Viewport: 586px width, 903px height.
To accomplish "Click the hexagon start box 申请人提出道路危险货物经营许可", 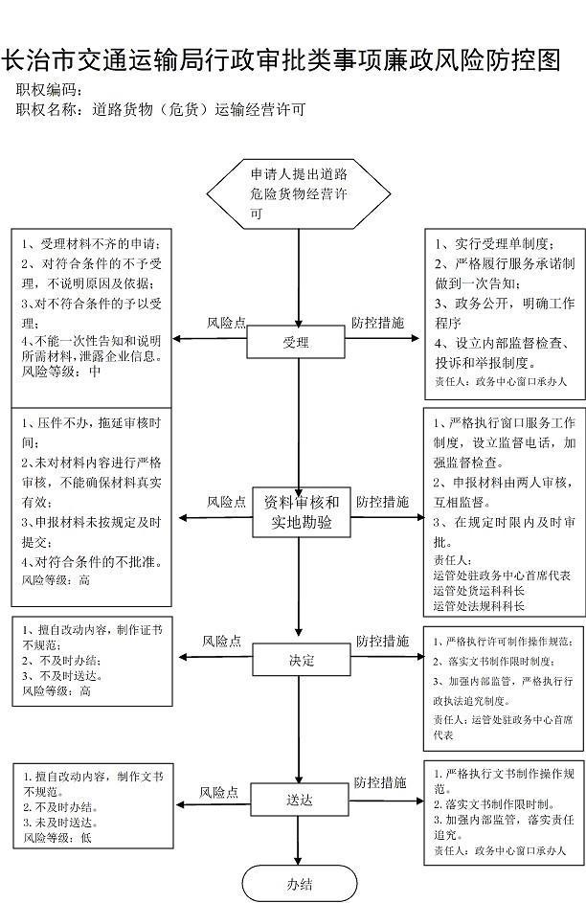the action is pyautogui.click(x=299, y=194).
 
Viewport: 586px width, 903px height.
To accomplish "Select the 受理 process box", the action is pyautogui.click(x=296, y=343).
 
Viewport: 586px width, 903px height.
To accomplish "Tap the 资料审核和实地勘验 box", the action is pyautogui.click(x=302, y=512).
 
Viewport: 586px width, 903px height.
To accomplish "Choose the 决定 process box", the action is pyautogui.click(x=302, y=660).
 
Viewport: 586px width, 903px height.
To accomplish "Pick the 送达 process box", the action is pyautogui.click(x=300, y=800).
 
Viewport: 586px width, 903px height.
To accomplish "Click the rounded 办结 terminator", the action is pyautogui.click(x=300, y=884).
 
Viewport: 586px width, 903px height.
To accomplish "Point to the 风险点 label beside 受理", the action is pyautogui.click(x=226, y=323).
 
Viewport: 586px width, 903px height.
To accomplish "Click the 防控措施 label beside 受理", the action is pyautogui.click(x=377, y=323).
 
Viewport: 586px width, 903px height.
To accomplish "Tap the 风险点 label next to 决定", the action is pyautogui.click(x=221, y=641).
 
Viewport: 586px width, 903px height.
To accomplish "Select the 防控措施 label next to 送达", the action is pyautogui.click(x=380, y=782).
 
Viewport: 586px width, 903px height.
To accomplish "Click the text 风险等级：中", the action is pyautogui.click(x=61, y=372).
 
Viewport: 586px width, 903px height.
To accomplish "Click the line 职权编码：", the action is pyautogui.click(x=50, y=90).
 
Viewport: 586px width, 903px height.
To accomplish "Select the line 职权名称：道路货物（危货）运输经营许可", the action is pyautogui.click(x=161, y=109).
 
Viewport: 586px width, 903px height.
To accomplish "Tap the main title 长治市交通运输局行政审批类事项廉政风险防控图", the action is pyautogui.click(x=281, y=60).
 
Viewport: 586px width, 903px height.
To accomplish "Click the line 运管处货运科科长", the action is pyautogui.click(x=479, y=590).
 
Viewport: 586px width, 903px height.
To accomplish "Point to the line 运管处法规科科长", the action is pyautogui.click(x=479, y=605).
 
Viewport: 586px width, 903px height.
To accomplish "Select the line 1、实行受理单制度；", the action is pyautogui.click(x=494, y=243).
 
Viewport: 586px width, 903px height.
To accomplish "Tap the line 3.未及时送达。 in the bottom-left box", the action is pyautogui.click(x=60, y=823).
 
